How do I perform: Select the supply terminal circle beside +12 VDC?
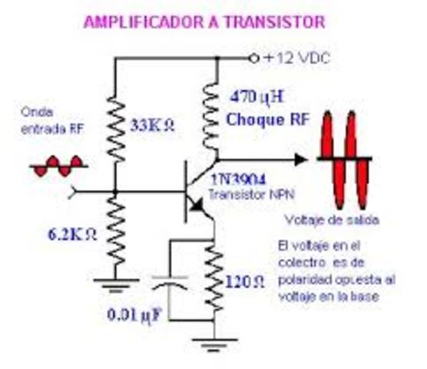point(254,58)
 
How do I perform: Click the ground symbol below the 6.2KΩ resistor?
point(114,288)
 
